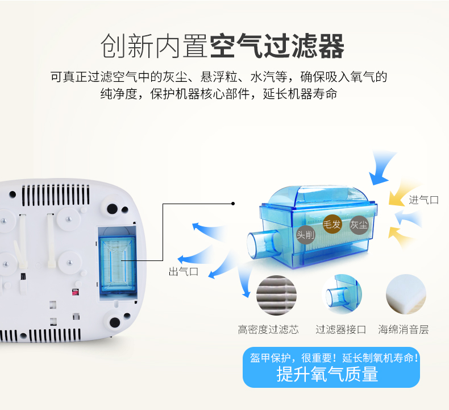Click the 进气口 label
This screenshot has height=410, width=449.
423,200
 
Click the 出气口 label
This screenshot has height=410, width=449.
183,272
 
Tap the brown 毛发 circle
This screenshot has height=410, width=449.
332,224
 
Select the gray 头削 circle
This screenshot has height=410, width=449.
305,234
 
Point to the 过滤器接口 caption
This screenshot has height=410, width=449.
341,329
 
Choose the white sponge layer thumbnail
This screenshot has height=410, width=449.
406,295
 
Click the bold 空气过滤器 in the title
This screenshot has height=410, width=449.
277,46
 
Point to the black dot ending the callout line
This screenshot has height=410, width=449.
233,203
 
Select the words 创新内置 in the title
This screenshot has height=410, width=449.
153,46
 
